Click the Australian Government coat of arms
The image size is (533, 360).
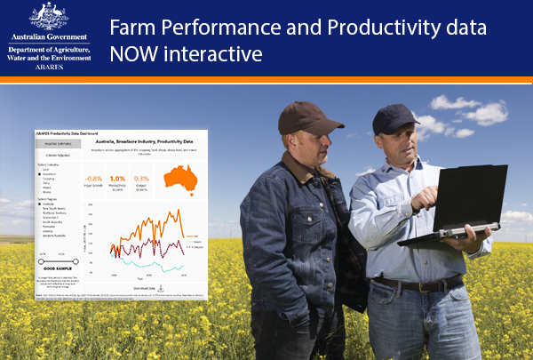[x=48, y=14]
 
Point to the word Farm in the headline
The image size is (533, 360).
[x=131, y=27]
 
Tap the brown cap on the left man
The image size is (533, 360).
[x=297, y=114]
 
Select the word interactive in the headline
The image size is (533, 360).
[x=214, y=54]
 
